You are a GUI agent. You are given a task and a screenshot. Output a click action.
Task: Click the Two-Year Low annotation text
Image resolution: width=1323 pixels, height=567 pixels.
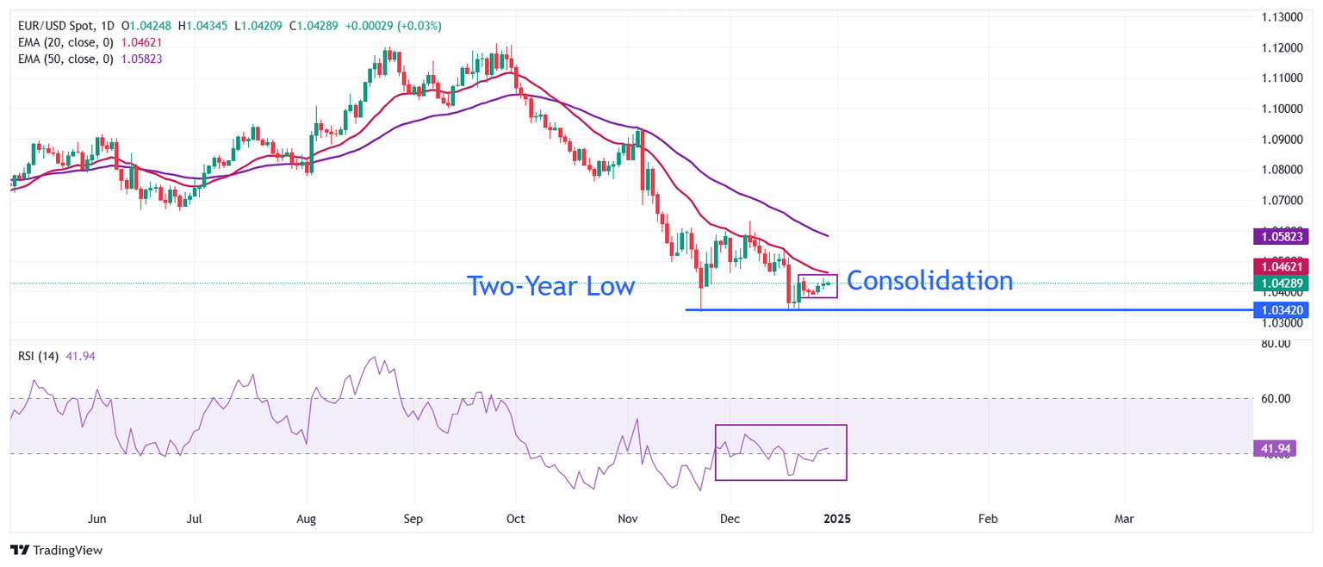[550, 286]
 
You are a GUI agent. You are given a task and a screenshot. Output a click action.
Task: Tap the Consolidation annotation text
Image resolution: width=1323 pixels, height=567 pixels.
[929, 281]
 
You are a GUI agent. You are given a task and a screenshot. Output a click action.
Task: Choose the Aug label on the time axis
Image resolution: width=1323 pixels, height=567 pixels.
[306, 520]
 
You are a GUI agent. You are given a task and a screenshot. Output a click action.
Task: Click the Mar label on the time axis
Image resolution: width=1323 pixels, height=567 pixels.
[1124, 520]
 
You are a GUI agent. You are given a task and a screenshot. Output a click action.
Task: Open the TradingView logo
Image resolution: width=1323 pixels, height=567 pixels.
[57, 550]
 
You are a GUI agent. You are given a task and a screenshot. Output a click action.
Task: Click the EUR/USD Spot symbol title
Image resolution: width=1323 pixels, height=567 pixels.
[60, 26]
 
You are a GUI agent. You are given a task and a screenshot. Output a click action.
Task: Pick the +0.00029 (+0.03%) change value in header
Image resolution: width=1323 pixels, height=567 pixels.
[393, 26]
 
